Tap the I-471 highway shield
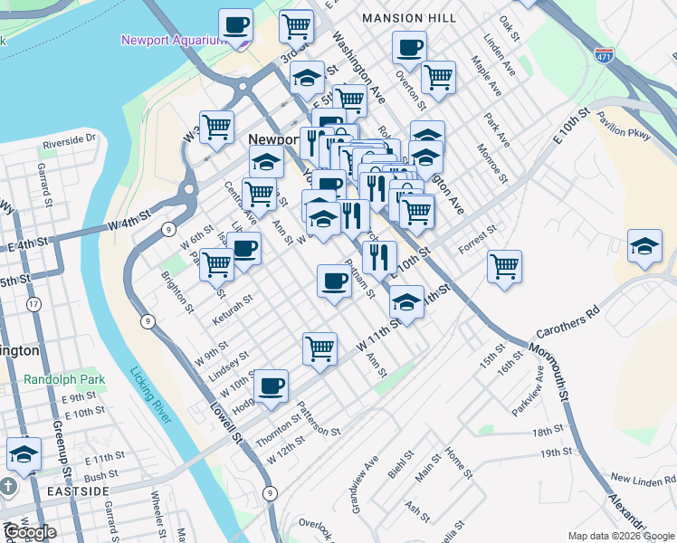[605, 55]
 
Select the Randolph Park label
[64, 380]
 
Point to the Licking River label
[150, 395]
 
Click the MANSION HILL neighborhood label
[405, 18]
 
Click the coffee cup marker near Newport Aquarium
[236, 26]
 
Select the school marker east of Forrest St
[644, 246]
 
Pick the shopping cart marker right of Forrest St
[504, 267]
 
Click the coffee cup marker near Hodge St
[271, 387]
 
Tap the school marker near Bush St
[24, 454]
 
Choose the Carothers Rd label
[568, 323]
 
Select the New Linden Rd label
[643, 477]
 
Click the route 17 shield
[33, 304]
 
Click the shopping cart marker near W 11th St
[319, 348]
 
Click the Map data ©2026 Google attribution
[621, 536]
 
